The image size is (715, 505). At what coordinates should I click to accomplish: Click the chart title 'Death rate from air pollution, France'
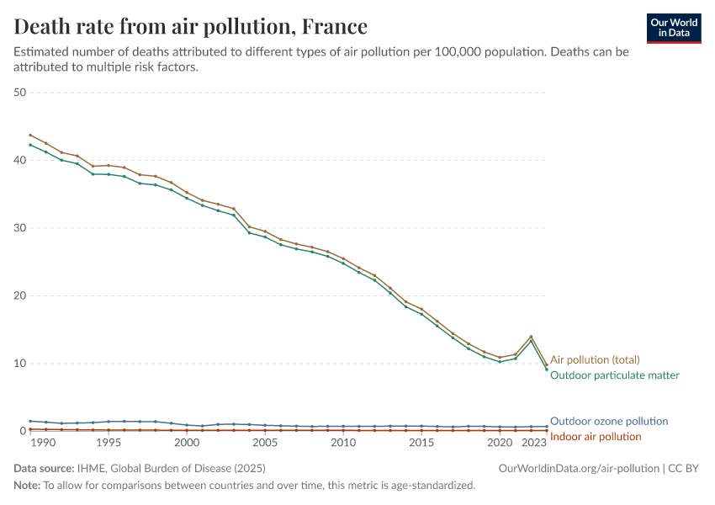coord(191,26)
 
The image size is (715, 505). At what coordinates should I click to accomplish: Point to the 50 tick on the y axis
coord(20,92)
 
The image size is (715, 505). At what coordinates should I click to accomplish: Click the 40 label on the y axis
coord(20,160)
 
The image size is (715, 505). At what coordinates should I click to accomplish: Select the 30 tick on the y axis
coord(20,227)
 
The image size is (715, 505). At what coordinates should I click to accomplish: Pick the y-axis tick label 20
coord(20,295)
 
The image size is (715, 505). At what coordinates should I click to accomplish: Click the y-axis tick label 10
coord(20,363)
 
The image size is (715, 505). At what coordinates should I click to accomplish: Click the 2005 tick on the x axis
coord(264,442)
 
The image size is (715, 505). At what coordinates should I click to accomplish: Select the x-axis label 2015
coord(421,442)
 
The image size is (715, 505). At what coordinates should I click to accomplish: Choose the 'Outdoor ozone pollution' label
coord(608,421)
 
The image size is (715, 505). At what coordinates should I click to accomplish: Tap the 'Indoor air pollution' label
coord(595,436)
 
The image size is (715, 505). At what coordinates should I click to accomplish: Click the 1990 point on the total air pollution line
coord(30,135)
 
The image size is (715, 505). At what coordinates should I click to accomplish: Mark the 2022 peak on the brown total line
coord(531,337)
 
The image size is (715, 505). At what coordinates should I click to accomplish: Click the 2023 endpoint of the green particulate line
coord(547,369)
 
